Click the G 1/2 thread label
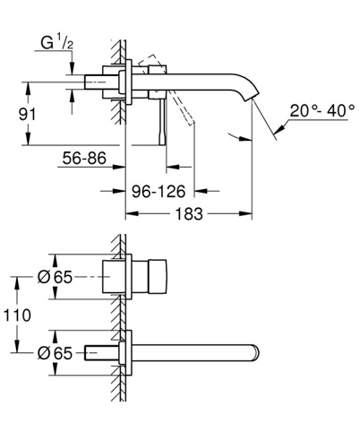56,42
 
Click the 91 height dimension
27,115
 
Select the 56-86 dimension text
84,158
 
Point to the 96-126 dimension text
159,191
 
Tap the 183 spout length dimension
189,214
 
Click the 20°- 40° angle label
322,111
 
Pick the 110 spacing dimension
17,315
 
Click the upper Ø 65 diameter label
55,277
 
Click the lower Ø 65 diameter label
55,353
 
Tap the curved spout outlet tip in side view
252,96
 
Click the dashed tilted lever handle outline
167,90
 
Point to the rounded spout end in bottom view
256,353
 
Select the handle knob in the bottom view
157,277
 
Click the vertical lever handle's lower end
162,141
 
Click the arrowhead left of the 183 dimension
132,213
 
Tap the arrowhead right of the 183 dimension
245,213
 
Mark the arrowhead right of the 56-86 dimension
118,167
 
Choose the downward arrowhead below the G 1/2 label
72,68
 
